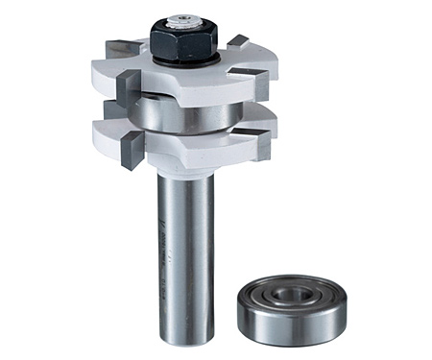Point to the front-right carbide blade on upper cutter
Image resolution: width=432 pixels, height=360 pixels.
pos(258,86)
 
